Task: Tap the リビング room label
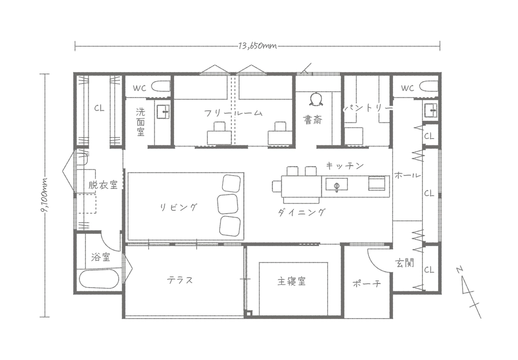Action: [179, 207]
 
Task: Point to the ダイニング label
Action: [301, 213]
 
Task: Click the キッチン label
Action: [345, 166]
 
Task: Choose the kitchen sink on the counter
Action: [336, 184]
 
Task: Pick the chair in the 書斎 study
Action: [317, 99]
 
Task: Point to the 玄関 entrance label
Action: [405, 262]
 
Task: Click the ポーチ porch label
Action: [367, 284]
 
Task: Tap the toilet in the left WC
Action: [160, 86]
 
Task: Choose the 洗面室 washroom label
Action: [140, 122]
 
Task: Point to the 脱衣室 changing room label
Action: [103, 185]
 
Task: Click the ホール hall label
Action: [407, 175]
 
